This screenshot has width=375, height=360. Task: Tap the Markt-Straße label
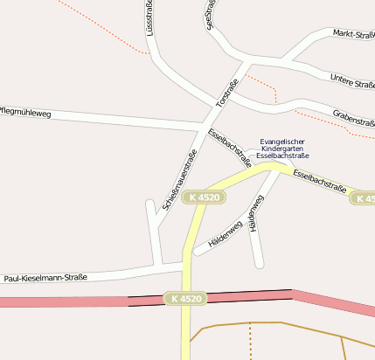pyautogui.click(x=354, y=35)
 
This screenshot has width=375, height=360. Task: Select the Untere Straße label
pyautogui.click(x=353, y=83)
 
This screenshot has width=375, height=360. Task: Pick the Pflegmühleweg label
pyautogui.click(x=26, y=113)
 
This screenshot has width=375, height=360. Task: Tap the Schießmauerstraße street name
pyautogui.click(x=179, y=180)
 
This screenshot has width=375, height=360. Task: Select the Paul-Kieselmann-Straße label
pyautogui.click(x=45, y=278)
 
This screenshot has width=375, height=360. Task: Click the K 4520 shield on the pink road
pyautogui.click(x=186, y=299)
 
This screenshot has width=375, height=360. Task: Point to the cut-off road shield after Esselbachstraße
pyautogui.click(x=365, y=199)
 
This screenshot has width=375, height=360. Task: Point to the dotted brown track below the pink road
pyautogui.click(x=250, y=341)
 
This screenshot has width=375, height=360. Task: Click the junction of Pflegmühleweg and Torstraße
pyautogui.click(x=202, y=129)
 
